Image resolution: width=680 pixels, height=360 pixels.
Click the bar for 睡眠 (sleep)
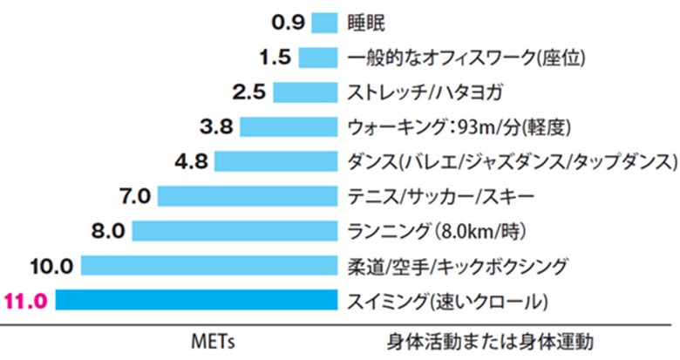323,23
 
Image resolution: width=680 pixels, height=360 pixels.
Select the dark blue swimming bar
196,301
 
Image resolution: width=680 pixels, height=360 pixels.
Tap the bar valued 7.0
247,196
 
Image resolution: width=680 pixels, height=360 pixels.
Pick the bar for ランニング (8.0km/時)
234,231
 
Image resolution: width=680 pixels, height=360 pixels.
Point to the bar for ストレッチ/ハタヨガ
305,92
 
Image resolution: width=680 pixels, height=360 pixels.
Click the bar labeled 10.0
209,266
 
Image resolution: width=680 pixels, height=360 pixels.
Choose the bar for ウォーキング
289,127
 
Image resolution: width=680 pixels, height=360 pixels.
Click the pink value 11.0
27,302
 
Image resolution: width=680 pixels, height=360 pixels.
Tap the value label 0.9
288,22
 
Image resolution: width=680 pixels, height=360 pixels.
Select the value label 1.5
275,58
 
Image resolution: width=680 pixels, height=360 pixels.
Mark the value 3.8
215,127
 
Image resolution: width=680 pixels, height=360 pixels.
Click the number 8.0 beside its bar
107,231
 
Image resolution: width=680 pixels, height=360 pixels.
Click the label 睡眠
365,23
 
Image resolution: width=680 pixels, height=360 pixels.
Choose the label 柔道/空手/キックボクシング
457,266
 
